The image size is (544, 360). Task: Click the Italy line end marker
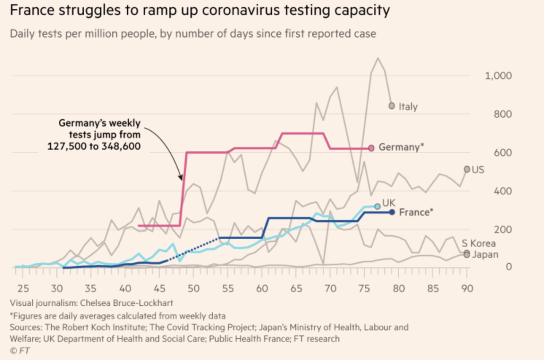coord(392,106)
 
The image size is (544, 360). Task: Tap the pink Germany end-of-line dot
coord(371,148)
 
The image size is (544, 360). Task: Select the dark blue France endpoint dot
coord(392,212)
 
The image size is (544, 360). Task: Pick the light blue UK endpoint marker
coord(377,206)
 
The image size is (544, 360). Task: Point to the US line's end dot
coord(467,169)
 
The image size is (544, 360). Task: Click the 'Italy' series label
coord(408,107)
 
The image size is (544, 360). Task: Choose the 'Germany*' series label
coord(401,147)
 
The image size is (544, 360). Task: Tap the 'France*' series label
coord(416,212)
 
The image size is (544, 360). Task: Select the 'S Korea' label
coord(478,243)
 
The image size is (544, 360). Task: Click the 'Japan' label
coord(485,255)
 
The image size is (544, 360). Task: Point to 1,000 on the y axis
coord(498,76)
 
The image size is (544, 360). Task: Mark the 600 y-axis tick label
coord(503,153)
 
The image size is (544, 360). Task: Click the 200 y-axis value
coord(503,230)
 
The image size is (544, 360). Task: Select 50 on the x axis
coord(194,289)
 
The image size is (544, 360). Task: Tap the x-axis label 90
coord(467,289)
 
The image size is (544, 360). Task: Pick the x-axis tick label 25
coord(23,289)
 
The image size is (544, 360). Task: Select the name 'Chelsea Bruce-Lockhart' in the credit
coord(127,303)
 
